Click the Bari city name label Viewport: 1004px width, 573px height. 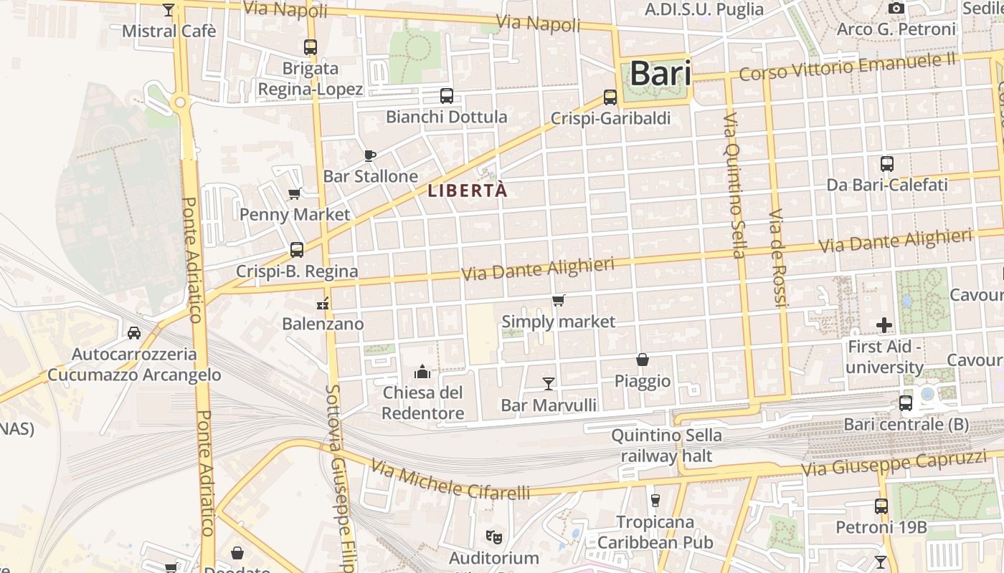coord(660,73)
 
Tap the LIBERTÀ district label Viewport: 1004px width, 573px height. coord(468,191)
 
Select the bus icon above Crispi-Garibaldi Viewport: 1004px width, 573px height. coord(610,97)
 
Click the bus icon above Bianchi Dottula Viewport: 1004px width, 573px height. coord(446,95)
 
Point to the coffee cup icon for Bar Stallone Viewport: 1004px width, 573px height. coord(370,155)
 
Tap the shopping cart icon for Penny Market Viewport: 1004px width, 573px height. coord(294,193)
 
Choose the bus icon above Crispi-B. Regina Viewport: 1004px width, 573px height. coord(297,250)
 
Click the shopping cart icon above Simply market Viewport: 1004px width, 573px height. coord(558,300)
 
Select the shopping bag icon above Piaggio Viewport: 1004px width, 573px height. coord(643,360)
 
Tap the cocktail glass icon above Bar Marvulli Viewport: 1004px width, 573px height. coord(549,383)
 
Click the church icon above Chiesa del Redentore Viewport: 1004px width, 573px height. coord(422,372)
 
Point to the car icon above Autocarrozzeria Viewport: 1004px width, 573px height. coord(134,332)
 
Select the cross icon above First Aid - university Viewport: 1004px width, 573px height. coord(884,325)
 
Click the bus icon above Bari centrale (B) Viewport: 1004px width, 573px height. coord(906,403)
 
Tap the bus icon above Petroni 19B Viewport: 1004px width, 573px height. coord(881,506)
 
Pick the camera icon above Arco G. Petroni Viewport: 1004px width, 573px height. coord(896,9)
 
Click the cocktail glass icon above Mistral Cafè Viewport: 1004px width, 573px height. coord(169,10)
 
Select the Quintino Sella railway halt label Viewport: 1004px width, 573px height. coord(666,446)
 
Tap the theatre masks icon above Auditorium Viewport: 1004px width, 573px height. coord(493,536)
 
